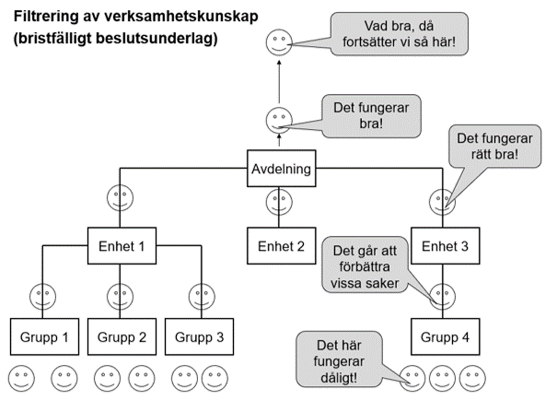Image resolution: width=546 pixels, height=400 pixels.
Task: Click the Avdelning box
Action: pyautogui.click(x=282, y=169)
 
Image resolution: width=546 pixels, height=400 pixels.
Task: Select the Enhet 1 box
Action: pyautogui.click(x=122, y=246)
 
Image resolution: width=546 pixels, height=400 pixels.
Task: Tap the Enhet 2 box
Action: pyautogui.click(x=282, y=246)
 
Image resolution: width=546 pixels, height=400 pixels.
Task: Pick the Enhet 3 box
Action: pyautogui.click(x=445, y=246)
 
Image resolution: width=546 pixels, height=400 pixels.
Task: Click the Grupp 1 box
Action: pyautogui.click(x=44, y=336)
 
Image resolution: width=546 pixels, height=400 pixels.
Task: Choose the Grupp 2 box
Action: pyautogui.click(x=122, y=336)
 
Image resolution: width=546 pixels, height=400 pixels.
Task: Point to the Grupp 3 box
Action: pyautogui.click(x=199, y=336)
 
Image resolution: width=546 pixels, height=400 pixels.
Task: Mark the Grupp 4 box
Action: pyautogui.click(x=445, y=336)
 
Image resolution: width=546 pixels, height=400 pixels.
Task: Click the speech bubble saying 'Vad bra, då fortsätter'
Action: pyautogui.click(x=399, y=34)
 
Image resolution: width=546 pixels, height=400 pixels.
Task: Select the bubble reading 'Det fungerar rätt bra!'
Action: pyautogui.click(x=494, y=147)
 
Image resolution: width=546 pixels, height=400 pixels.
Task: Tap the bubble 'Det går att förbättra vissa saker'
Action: pyautogui.click(x=365, y=265)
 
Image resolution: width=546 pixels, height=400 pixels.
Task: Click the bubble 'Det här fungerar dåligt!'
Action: pyautogui.click(x=339, y=359)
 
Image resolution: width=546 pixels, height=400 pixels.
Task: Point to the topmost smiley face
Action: pyautogui.click(x=279, y=42)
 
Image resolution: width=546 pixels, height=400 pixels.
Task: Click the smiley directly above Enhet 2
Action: pyautogui.click(x=279, y=202)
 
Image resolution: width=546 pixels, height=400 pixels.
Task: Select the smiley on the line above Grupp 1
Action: pyautogui.click(x=42, y=297)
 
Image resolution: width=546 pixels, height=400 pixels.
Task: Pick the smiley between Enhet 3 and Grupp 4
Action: pyautogui.click(x=442, y=297)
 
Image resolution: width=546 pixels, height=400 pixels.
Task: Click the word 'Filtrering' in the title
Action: pyautogui.click(x=46, y=17)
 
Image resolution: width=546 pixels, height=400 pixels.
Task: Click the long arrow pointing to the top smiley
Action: pyautogui.click(x=279, y=81)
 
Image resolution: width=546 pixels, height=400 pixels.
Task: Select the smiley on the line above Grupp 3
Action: pyautogui.click(x=202, y=297)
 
